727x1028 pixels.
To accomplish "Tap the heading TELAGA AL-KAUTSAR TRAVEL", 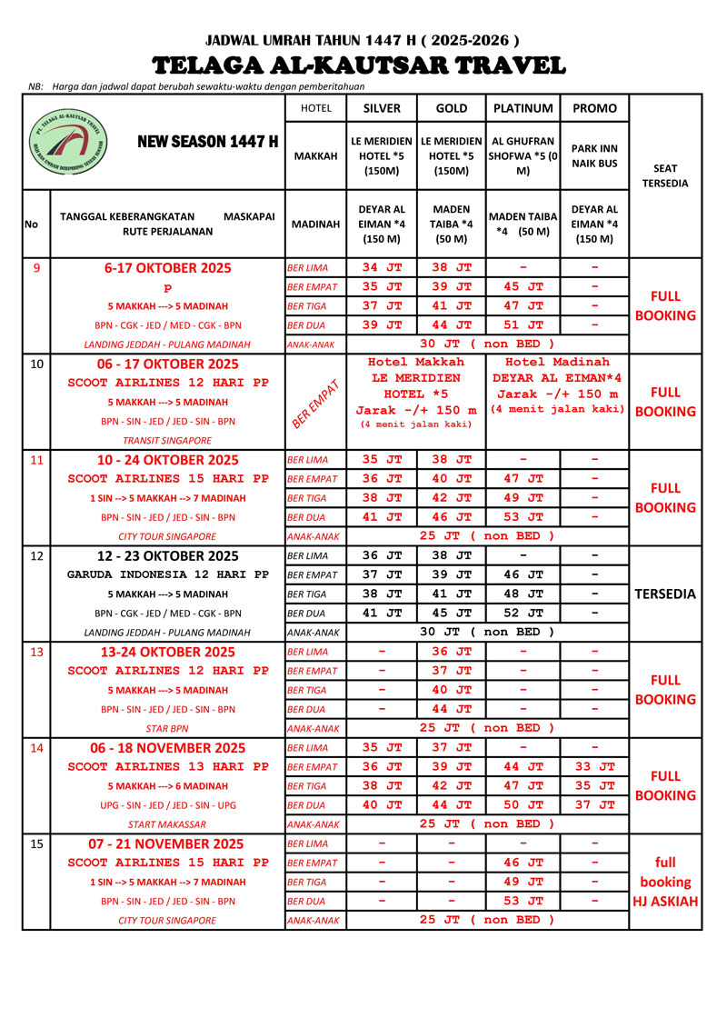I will click(359, 65).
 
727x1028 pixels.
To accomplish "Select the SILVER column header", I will click(382, 107).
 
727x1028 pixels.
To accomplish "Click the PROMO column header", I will click(595, 107).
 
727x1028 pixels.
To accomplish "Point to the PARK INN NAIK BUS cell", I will click(595, 155).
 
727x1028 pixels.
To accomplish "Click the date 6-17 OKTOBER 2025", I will click(167, 268).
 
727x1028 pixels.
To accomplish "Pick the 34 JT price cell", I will click(382, 268).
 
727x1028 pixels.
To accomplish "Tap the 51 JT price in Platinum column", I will click(523, 325).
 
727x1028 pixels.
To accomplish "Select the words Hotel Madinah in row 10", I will click(557, 362).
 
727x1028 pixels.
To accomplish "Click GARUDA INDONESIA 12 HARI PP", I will click(167, 574).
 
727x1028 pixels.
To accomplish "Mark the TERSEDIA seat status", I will click(665, 594).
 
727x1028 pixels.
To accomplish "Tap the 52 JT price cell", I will click(523, 614).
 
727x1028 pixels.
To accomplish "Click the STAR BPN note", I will click(167, 728).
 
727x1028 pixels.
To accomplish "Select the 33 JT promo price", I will click(595, 767).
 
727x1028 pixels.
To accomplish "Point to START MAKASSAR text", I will click(167, 824).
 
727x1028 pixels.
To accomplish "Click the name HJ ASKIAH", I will click(665, 902).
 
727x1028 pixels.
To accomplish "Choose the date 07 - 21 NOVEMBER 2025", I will click(167, 843).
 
